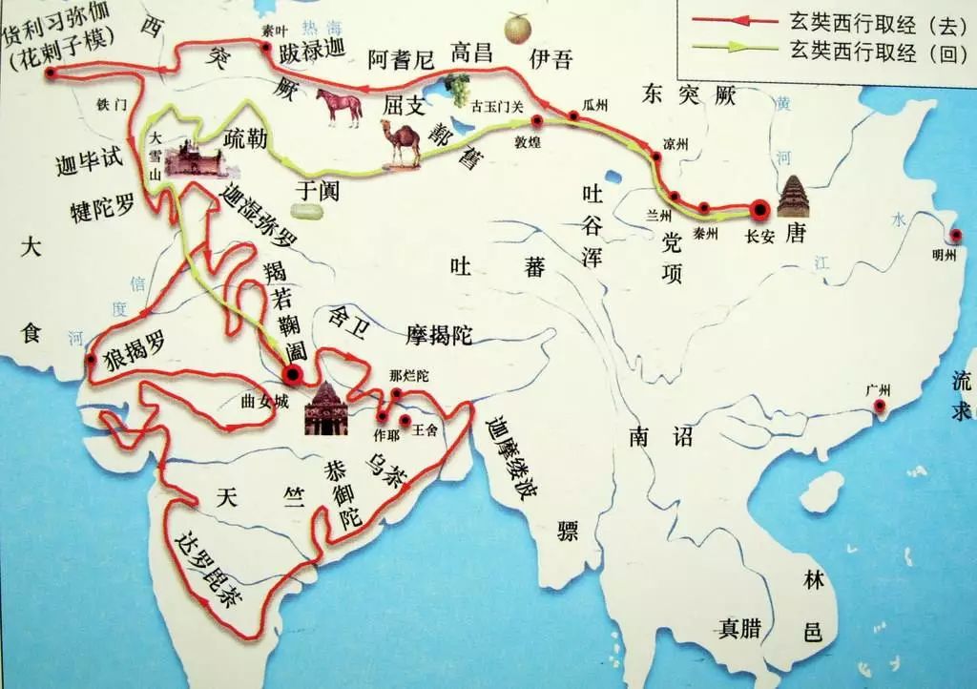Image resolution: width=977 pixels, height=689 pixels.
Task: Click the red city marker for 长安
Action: click(759, 209)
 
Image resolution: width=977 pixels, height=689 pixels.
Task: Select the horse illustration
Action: click(339, 107)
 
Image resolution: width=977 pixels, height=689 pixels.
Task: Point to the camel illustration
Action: click(402, 143)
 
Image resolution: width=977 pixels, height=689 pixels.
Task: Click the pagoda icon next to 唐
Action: click(793, 198)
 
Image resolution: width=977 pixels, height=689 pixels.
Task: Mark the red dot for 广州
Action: click(880, 408)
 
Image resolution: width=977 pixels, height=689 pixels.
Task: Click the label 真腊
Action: click(740, 628)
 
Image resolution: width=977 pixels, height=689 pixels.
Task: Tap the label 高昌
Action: click(474, 52)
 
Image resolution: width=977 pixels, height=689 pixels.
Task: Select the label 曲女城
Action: click(264, 401)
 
